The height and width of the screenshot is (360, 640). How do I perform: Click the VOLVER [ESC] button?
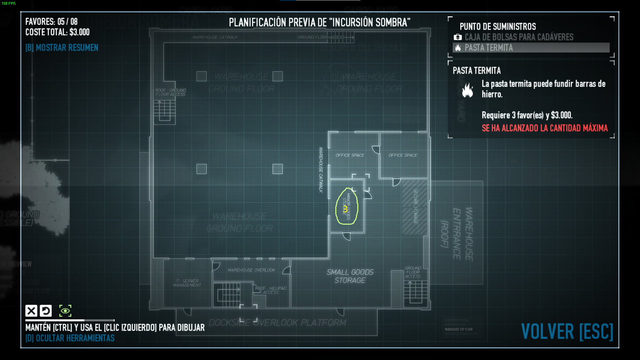point(567,331)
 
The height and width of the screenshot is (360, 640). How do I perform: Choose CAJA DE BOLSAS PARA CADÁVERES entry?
point(519,37)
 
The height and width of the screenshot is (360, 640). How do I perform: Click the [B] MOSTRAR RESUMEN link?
point(62,48)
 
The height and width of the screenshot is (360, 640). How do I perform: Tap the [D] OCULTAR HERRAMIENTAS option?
point(70,338)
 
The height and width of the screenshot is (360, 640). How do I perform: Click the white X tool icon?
point(31,311)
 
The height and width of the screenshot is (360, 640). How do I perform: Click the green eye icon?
point(65,311)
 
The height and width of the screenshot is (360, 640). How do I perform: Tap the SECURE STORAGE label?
point(415,207)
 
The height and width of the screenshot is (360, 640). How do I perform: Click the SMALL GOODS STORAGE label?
point(350,276)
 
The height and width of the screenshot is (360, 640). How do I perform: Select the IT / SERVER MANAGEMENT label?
point(187,283)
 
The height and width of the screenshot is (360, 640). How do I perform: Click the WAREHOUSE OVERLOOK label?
point(251,270)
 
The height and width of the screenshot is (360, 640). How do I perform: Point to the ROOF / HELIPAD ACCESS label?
point(271,290)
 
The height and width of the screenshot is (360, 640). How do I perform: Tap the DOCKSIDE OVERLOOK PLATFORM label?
point(277,323)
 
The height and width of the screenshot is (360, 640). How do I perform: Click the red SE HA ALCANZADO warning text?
point(545,128)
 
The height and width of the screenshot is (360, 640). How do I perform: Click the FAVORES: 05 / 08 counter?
point(51,22)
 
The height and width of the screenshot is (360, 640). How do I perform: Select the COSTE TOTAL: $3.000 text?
point(57,32)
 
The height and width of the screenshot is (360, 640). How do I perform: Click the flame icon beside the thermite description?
point(467,90)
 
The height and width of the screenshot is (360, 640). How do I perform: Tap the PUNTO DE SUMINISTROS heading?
point(498,27)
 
